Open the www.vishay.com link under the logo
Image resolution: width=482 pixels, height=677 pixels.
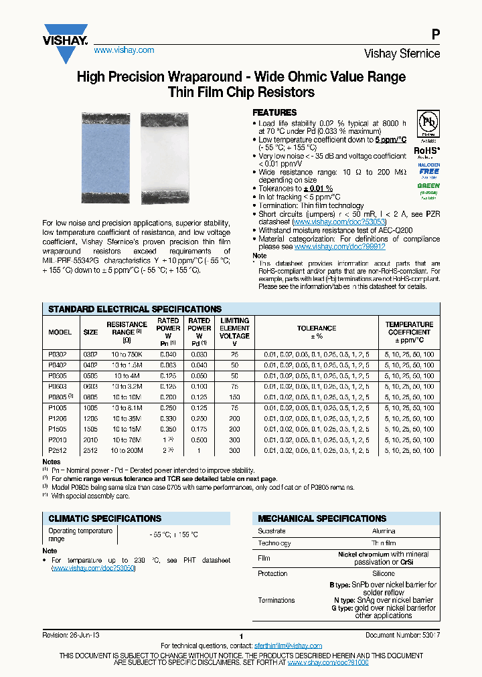(123, 50)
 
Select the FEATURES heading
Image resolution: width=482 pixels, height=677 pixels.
(274, 113)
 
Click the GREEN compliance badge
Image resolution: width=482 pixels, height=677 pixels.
(428, 189)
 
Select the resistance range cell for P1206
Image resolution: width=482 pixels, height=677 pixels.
(127, 418)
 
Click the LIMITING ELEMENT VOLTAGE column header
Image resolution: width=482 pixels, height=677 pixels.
(235, 328)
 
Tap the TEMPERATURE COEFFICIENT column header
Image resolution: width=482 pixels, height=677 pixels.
(409, 328)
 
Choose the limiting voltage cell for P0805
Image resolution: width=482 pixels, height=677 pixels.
(235, 397)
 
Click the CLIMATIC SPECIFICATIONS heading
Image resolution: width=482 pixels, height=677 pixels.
(104, 518)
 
